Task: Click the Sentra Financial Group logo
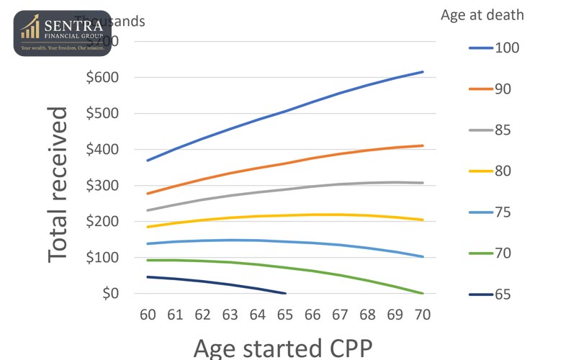tap(62, 33)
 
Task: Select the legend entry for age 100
tap(493, 48)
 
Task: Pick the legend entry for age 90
tap(493, 89)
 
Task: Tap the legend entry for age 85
tap(493, 130)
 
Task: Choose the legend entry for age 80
tap(493, 171)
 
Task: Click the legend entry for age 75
tap(493, 212)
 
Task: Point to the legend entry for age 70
tap(493, 253)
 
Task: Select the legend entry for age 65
tap(493, 294)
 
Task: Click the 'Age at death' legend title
tap(482, 15)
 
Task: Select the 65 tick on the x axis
tap(285, 315)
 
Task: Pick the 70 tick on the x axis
tap(423, 315)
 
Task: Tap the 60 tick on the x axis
tap(148, 315)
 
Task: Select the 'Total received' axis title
tap(59, 185)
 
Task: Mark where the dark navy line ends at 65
tap(285, 293)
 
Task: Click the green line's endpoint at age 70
tap(423, 293)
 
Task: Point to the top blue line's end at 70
tap(423, 72)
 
